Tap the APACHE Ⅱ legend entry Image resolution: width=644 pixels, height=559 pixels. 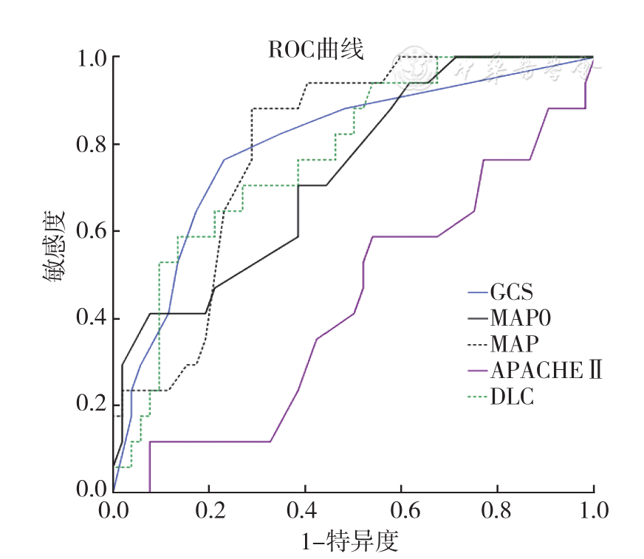(x=546, y=370)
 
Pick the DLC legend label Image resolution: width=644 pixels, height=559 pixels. (x=513, y=397)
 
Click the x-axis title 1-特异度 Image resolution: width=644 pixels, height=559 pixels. (x=350, y=542)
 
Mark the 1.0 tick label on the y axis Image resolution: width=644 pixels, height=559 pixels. (x=92, y=58)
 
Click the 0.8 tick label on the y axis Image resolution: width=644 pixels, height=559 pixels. (x=92, y=144)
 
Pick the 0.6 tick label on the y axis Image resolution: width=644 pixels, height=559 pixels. (x=92, y=231)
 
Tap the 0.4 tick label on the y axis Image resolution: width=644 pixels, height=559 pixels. (x=92, y=318)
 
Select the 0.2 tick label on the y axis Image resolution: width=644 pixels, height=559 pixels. (x=92, y=405)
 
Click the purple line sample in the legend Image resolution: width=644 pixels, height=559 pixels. (x=477, y=371)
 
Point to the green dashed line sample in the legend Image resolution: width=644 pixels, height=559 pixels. (x=477, y=397)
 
